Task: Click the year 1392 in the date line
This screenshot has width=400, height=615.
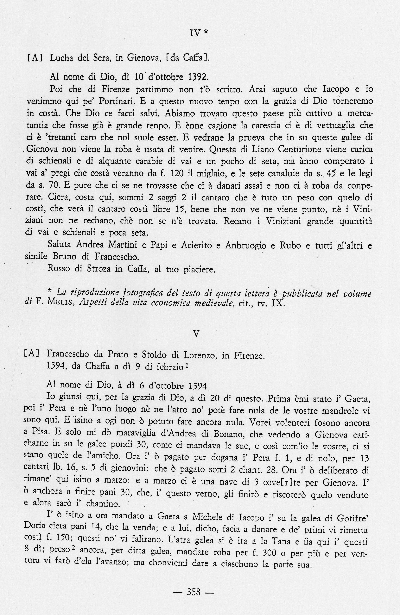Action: tap(198, 77)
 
